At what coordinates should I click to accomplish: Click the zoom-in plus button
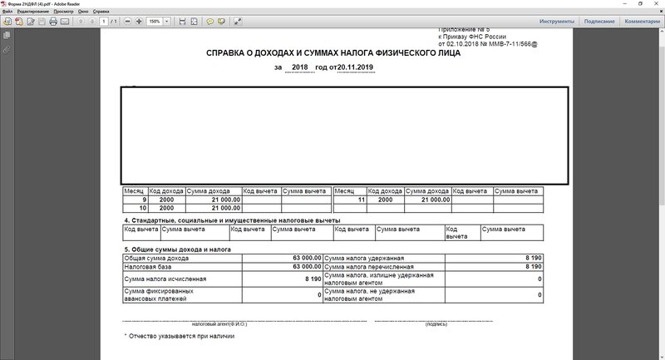(138, 21)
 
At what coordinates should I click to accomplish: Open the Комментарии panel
(642, 21)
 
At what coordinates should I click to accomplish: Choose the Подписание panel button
(599, 21)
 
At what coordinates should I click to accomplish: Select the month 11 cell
(349, 200)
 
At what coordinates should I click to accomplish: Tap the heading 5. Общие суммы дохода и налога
(176, 249)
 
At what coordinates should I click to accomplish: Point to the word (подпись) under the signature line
(436, 323)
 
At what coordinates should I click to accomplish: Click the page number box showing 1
(101, 21)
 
